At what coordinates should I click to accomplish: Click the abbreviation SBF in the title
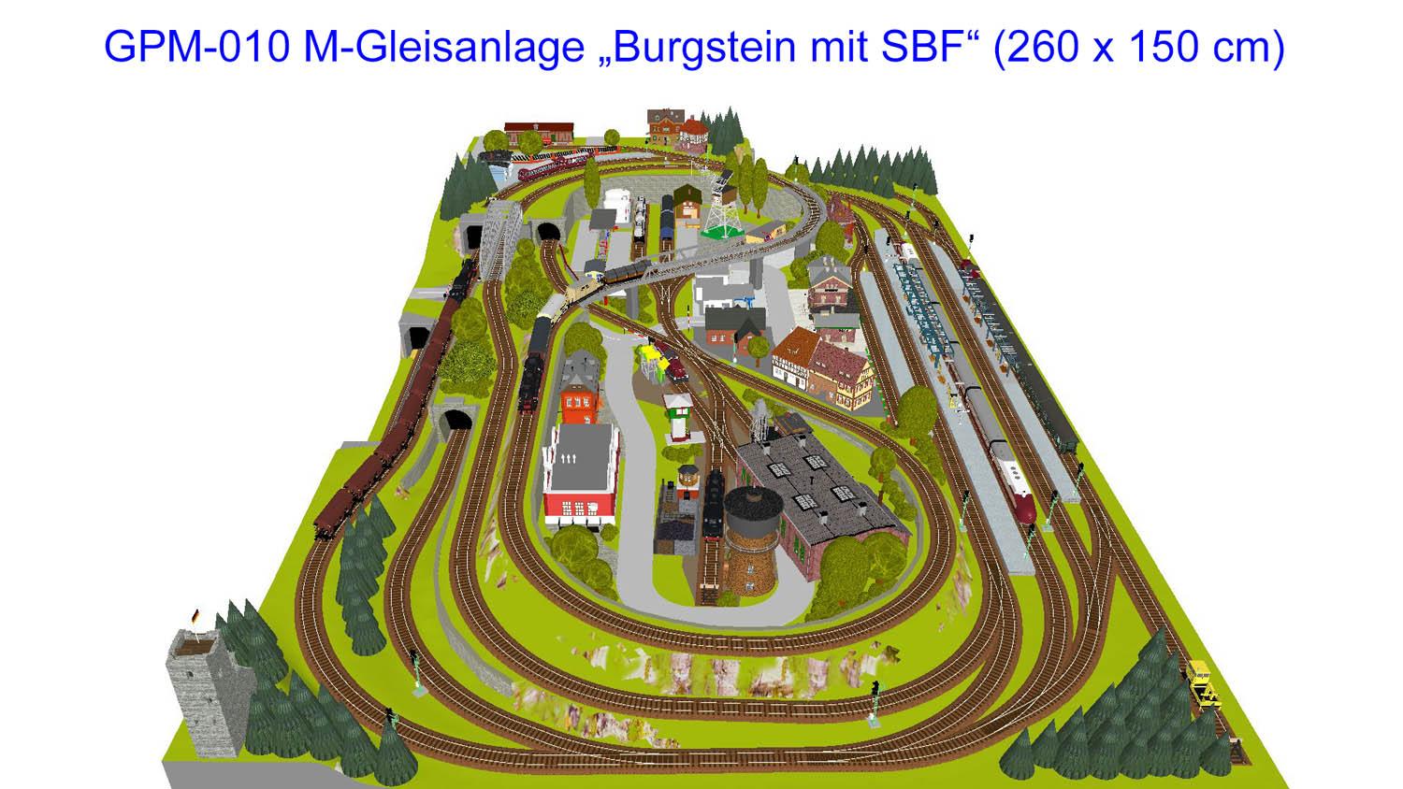pos(925,47)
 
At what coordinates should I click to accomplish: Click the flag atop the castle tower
pos(195,616)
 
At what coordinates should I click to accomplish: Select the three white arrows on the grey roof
pos(570,459)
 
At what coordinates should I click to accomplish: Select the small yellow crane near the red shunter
pos(646,356)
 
